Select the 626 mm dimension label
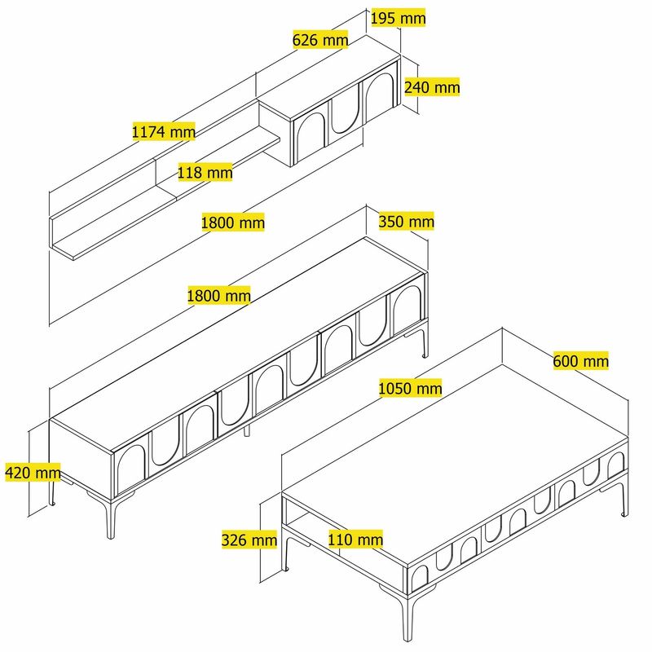[x=320, y=39]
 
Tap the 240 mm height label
[x=432, y=87]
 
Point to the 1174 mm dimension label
[x=164, y=130]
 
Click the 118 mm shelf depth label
[x=205, y=172]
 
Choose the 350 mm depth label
[x=406, y=222]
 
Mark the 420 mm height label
[x=33, y=472]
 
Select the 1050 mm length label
[x=410, y=388]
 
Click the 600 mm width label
[x=580, y=360]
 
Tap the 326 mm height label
[x=249, y=539]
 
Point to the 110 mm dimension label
[x=355, y=539]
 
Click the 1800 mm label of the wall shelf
[x=233, y=222]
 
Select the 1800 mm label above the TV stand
[x=218, y=295]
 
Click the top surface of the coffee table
[x=456, y=456]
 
